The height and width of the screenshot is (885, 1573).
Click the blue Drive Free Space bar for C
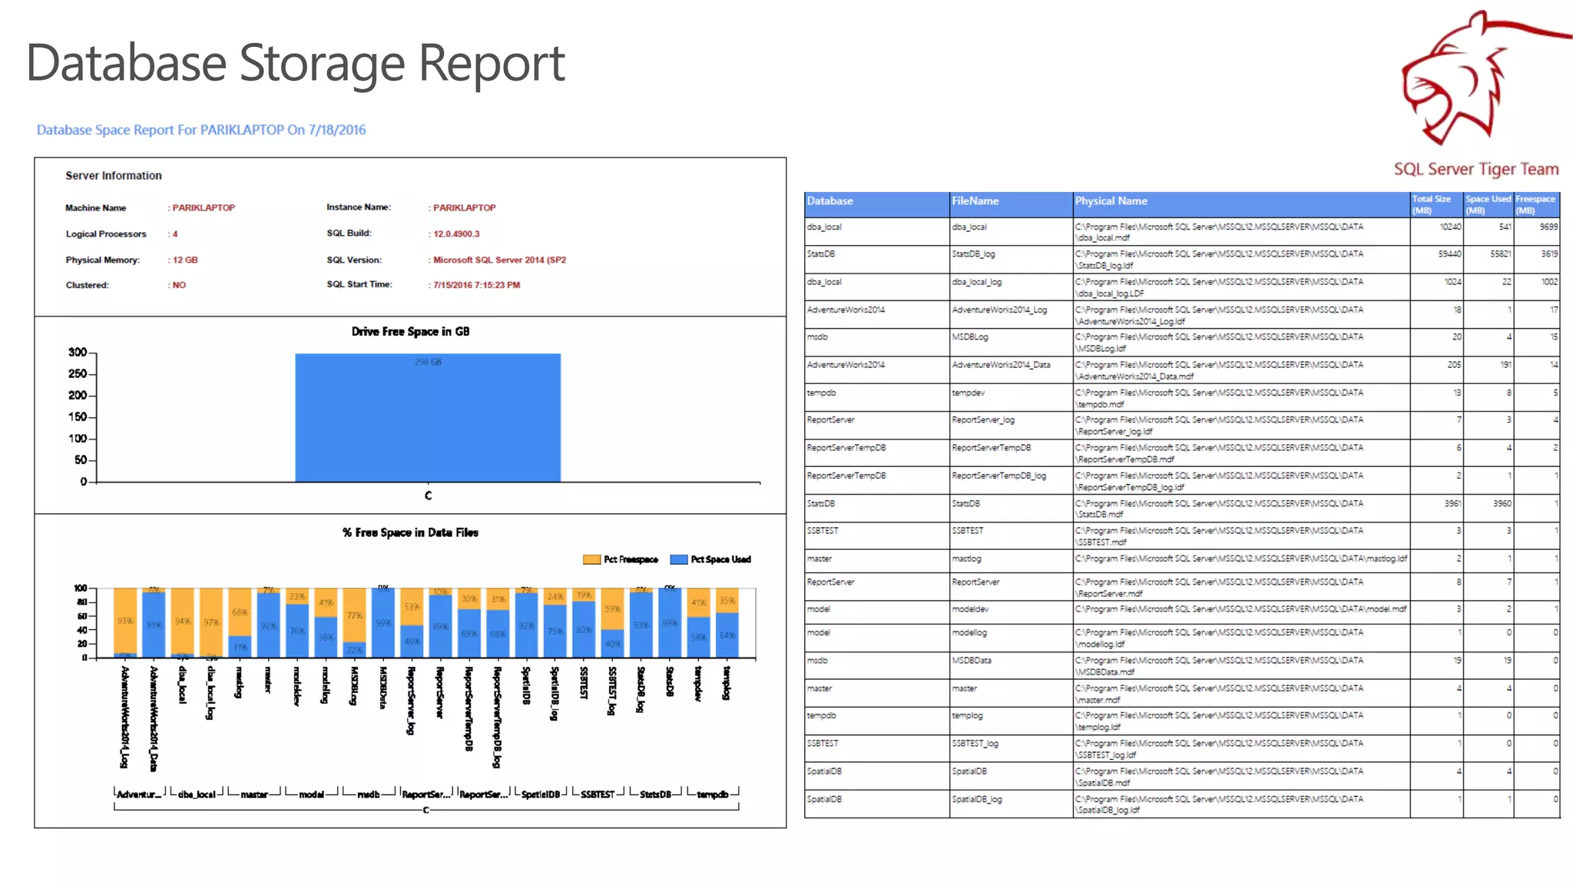click(x=428, y=419)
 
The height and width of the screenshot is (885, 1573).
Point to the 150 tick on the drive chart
click(x=78, y=417)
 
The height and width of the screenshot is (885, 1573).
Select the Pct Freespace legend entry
click(x=621, y=559)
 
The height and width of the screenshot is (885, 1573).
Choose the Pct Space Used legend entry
click(x=711, y=559)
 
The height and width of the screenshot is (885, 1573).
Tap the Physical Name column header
click(x=1111, y=201)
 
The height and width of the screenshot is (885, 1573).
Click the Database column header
click(x=830, y=201)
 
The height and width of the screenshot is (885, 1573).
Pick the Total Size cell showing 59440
click(x=1449, y=254)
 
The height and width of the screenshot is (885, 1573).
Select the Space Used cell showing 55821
click(x=1500, y=254)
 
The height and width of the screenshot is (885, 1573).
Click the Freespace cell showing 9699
click(x=1548, y=227)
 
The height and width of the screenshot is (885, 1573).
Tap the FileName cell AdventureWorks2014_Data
click(x=1001, y=365)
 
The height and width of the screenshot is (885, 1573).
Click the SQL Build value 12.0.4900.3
click(x=456, y=234)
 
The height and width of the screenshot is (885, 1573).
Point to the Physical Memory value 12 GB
click(x=185, y=260)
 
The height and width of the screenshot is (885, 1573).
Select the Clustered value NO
click(x=179, y=285)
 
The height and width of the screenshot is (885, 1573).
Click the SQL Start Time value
click(x=476, y=285)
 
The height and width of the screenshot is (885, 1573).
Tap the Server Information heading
click(x=114, y=176)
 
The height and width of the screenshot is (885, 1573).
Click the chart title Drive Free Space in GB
click(x=410, y=332)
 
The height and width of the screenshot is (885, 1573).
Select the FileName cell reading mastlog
click(x=966, y=559)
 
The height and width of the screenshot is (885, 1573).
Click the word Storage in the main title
click(x=322, y=63)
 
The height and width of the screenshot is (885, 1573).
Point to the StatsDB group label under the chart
click(x=655, y=794)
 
